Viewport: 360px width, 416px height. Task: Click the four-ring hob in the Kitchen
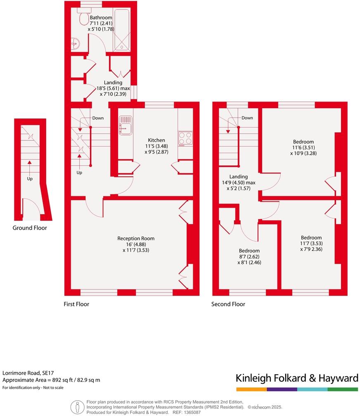(x=185, y=138)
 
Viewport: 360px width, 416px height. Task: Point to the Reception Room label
(x=136, y=238)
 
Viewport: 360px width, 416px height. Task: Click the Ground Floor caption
(x=30, y=228)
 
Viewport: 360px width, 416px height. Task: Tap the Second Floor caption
(x=228, y=304)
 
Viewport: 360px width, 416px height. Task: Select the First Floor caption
(x=76, y=304)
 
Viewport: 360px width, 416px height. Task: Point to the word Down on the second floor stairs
(x=247, y=118)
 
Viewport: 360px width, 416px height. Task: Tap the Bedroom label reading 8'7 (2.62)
(x=249, y=257)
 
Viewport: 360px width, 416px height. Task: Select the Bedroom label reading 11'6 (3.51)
(x=303, y=148)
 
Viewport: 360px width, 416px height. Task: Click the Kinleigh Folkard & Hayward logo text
(x=296, y=378)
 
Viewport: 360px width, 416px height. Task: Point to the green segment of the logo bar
(x=343, y=389)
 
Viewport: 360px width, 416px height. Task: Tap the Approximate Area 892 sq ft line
(x=51, y=380)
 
